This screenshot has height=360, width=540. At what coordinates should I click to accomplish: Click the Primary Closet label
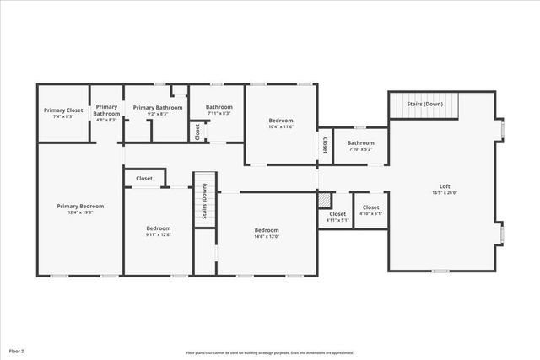point(63,110)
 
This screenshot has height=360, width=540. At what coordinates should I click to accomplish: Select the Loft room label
point(445,186)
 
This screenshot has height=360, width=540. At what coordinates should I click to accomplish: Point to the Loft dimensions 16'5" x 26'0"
point(445,193)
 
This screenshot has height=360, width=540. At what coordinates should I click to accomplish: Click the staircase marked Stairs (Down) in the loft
point(425,105)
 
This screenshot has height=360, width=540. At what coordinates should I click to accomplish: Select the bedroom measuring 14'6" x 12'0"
point(267,234)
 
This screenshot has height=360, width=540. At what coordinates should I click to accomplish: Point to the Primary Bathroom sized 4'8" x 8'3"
point(106,113)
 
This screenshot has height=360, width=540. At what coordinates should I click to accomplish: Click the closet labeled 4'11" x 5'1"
point(337,217)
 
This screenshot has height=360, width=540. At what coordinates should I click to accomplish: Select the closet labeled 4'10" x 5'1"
point(371,210)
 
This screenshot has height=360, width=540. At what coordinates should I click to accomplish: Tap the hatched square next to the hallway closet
point(325,200)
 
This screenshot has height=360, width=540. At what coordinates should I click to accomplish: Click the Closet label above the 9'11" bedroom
point(144,179)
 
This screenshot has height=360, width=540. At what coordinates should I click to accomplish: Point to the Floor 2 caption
point(17,350)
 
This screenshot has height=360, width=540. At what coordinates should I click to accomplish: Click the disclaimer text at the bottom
point(270,352)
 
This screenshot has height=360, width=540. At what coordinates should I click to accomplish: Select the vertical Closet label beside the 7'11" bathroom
point(197,132)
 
